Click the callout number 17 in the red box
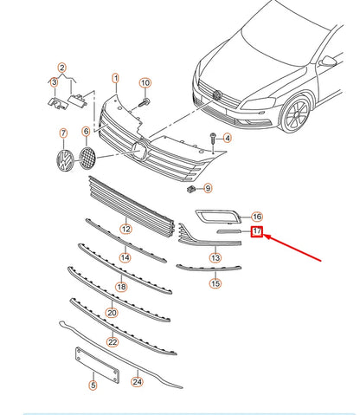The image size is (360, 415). coord(257,231)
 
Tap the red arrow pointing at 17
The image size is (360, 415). coord(292,248)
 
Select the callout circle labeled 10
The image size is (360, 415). coord(145,83)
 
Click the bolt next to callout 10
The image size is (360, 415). coord(145,102)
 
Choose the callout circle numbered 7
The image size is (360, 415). coord(63,133)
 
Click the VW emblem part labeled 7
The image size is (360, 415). coord(65,160)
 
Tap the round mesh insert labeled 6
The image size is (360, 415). coord(87,158)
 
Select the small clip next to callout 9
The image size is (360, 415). coord(191,190)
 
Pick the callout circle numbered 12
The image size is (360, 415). coord(126,230)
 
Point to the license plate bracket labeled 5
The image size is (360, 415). coord(97,365)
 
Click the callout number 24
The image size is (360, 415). coord(137,382)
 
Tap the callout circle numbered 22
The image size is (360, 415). coord(112,342)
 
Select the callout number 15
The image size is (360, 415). coord(215,283)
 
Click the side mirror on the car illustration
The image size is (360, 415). coord(328,61)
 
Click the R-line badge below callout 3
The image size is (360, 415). coord(58,103)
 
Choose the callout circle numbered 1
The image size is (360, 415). coord(115,78)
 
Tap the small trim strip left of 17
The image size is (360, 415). coord(229,231)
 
